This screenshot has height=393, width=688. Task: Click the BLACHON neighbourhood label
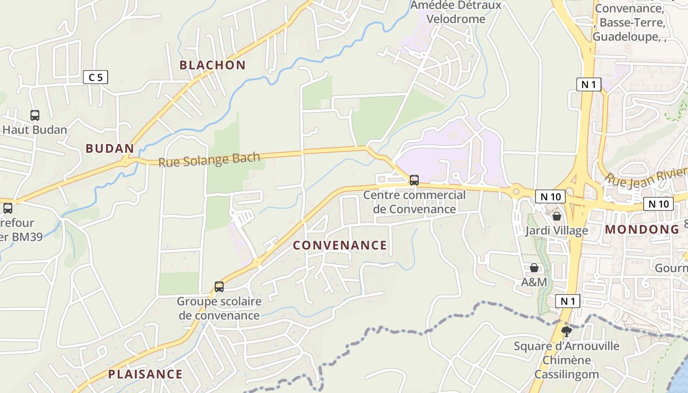(212, 65)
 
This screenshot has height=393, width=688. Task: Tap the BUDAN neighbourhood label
(110, 148)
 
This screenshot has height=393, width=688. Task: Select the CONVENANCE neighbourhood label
(340, 245)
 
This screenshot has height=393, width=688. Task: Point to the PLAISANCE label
(145, 374)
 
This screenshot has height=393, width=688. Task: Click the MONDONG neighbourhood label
(642, 229)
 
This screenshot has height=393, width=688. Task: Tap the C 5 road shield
(95, 77)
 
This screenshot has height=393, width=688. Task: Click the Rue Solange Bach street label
(209, 159)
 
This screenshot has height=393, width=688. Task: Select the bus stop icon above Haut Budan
(35, 115)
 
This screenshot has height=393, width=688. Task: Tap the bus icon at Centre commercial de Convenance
(414, 180)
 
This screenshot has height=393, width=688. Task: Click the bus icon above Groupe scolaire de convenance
(219, 286)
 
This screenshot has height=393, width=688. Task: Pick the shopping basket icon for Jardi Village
(557, 216)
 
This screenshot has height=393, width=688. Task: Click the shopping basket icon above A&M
(534, 268)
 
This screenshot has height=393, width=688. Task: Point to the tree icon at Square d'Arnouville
(567, 332)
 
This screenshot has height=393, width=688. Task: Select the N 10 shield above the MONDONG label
(658, 204)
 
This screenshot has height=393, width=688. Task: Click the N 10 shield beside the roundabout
(550, 197)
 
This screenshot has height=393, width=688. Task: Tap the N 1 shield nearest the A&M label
(568, 301)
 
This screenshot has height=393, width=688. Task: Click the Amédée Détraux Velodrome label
(456, 12)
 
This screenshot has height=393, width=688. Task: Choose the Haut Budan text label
(35, 130)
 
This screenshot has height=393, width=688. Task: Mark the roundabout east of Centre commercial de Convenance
(516, 191)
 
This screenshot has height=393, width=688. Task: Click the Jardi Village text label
(556, 230)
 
